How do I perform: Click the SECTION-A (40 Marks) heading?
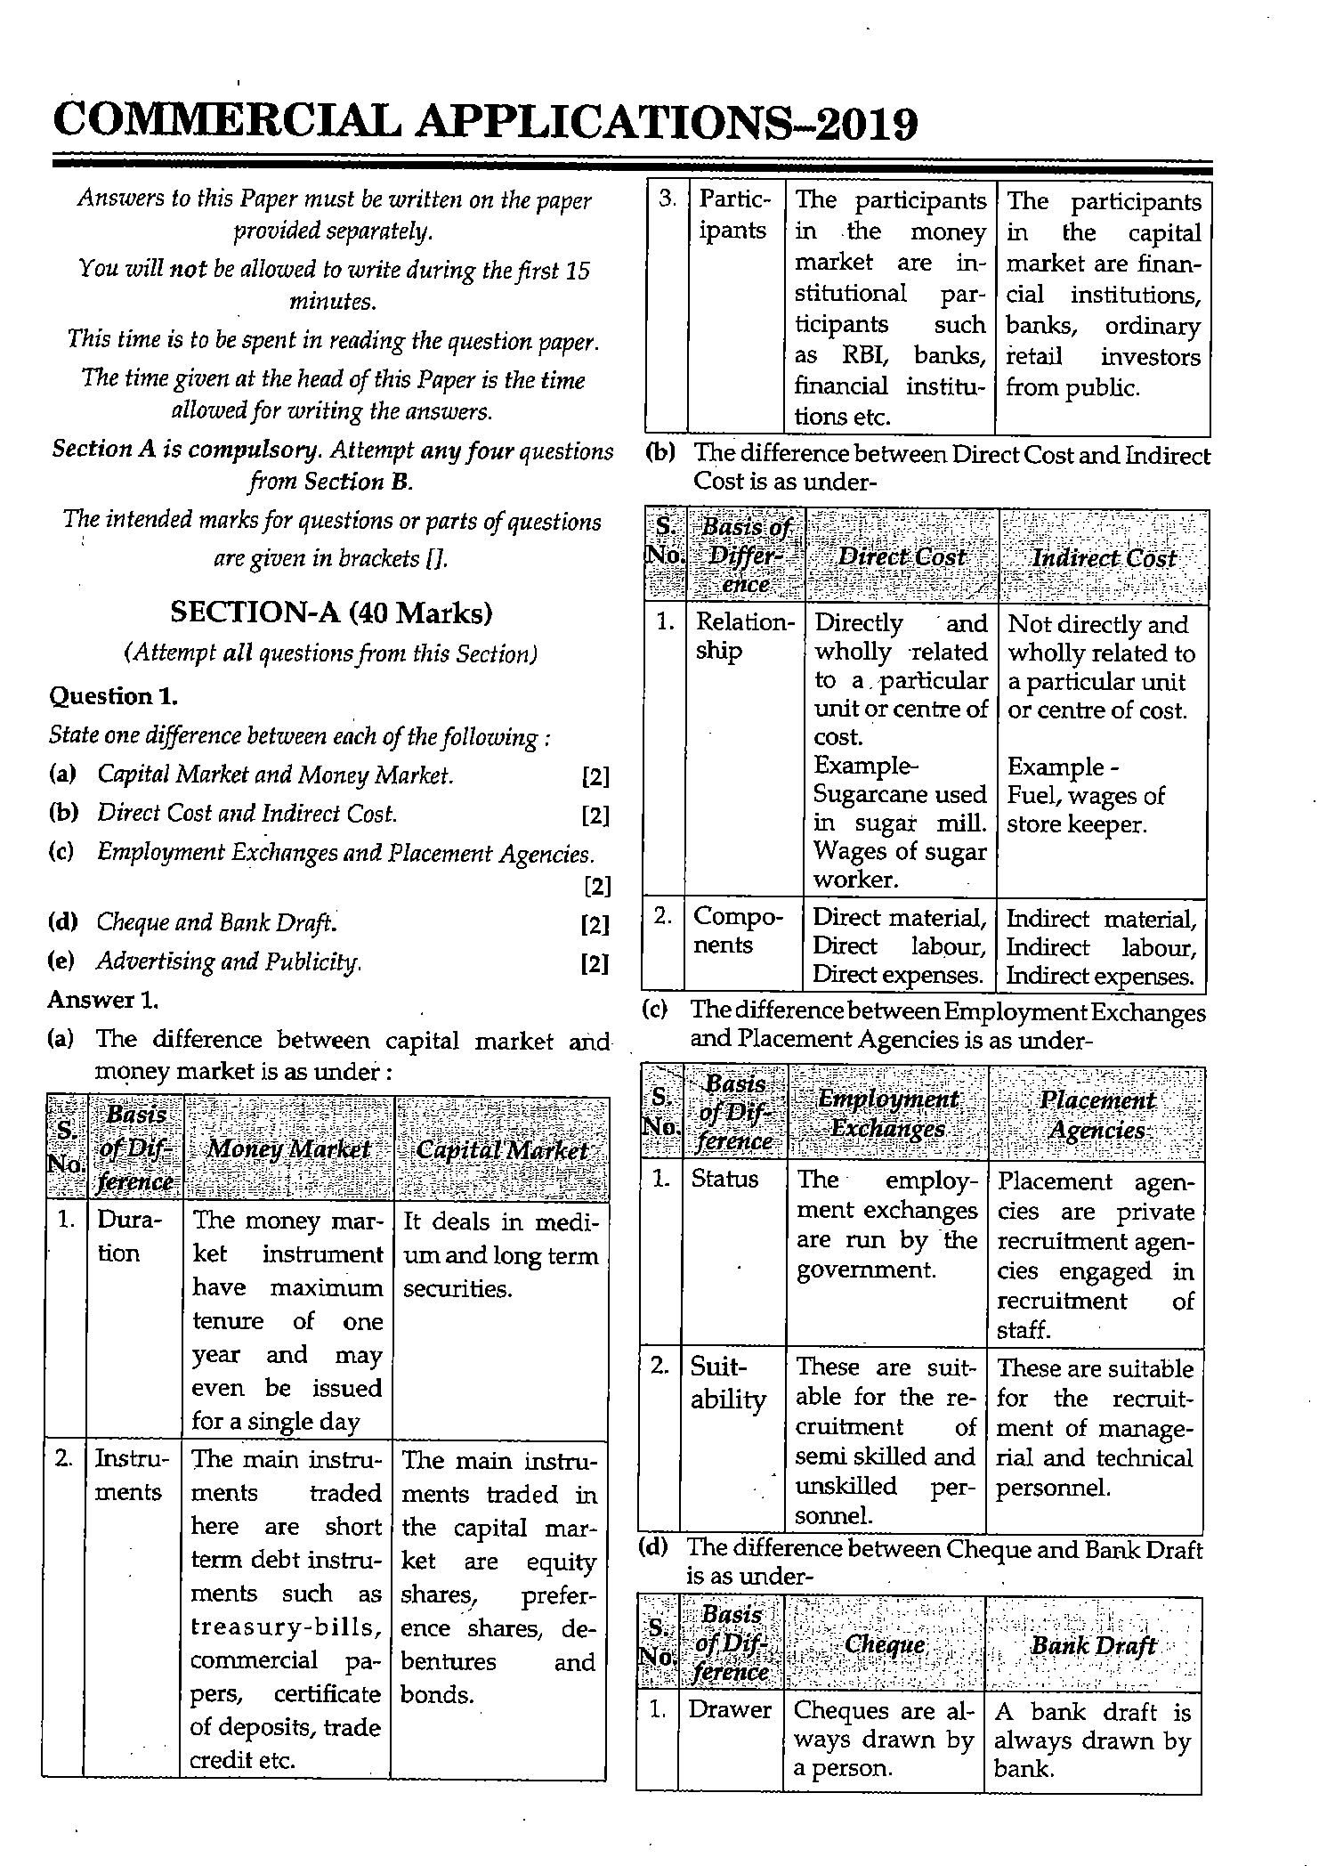click(x=331, y=613)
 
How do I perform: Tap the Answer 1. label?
click(x=103, y=1000)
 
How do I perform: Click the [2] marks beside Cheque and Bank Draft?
click(x=595, y=925)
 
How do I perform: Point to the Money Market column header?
click(x=288, y=1149)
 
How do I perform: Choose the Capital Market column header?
click(x=502, y=1149)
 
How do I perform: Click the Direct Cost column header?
click(x=902, y=557)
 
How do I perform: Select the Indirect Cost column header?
click(x=1104, y=558)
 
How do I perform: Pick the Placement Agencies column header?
click(x=1096, y=1115)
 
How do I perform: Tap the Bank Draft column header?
click(x=1093, y=1646)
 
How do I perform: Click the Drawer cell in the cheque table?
click(x=730, y=1710)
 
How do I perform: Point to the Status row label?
click(x=724, y=1180)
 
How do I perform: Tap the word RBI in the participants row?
click(x=862, y=356)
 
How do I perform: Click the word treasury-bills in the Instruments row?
click(x=287, y=1627)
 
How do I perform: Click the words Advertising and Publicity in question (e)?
click(x=229, y=961)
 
